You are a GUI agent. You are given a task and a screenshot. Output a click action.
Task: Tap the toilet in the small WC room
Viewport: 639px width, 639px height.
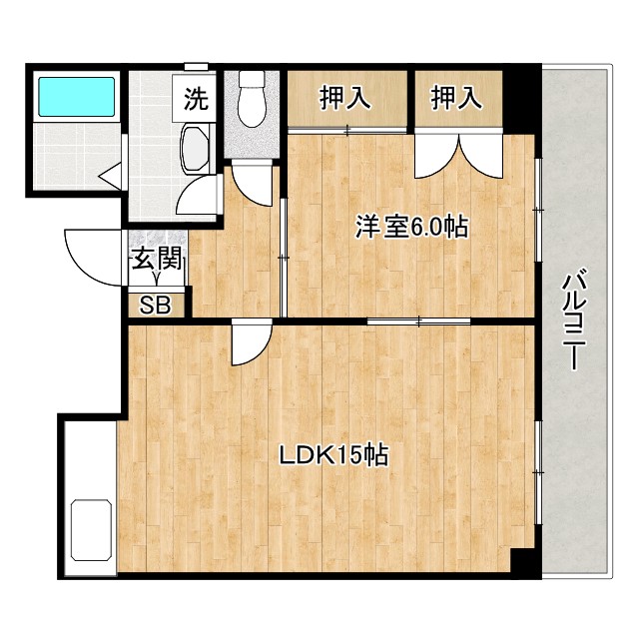click(x=250, y=103)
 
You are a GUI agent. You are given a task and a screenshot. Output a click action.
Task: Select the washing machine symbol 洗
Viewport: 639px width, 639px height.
click(x=197, y=99)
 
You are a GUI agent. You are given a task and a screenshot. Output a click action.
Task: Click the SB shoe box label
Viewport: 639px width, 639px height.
click(x=155, y=305)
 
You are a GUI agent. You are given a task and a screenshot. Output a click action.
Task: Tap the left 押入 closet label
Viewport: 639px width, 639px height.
click(x=345, y=98)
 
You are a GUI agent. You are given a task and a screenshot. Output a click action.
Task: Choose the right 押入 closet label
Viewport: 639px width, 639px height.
click(x=457, y=98)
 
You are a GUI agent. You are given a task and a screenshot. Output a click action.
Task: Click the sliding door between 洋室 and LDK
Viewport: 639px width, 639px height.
click(x=418, y=319)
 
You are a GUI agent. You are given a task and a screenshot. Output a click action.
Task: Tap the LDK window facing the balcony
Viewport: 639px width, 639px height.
click(x=537, y=454)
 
